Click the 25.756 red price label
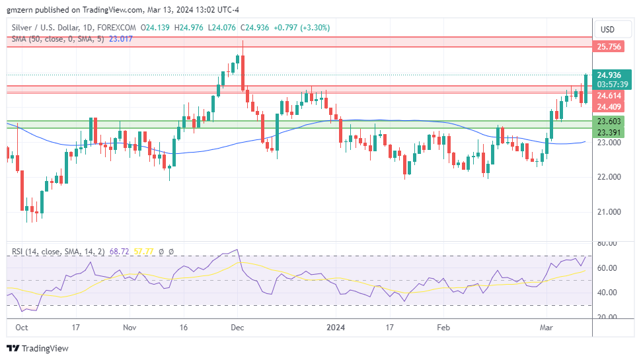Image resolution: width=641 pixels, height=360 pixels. click(x=609, y=47)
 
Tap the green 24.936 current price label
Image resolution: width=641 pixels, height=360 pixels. click(x=609, y=75)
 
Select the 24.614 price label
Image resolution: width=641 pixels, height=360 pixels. click(x=609, y=96)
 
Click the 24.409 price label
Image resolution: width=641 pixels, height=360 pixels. click(x=609, y=107)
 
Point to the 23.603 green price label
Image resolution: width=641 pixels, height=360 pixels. click(x=609, y=122)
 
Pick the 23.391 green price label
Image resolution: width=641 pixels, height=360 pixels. click(x=609, y=133)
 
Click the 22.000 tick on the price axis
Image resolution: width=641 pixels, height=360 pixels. click(x=608, y=177)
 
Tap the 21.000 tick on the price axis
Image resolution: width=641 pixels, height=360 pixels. click(x=608, y=212)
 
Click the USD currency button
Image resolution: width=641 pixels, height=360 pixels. click(x=607, y=29)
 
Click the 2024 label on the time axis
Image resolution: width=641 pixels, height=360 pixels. click(x=336, y=327)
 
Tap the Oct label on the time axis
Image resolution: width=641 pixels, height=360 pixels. click(x=21, y=327)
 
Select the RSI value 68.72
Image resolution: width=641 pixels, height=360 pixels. click(x=119, y=252)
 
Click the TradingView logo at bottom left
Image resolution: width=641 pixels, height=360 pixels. click(x=38, y=348)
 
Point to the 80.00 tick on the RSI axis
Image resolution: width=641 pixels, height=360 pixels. click(x=607, y=244)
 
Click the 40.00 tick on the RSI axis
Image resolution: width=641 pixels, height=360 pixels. click(x=607, y=293)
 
